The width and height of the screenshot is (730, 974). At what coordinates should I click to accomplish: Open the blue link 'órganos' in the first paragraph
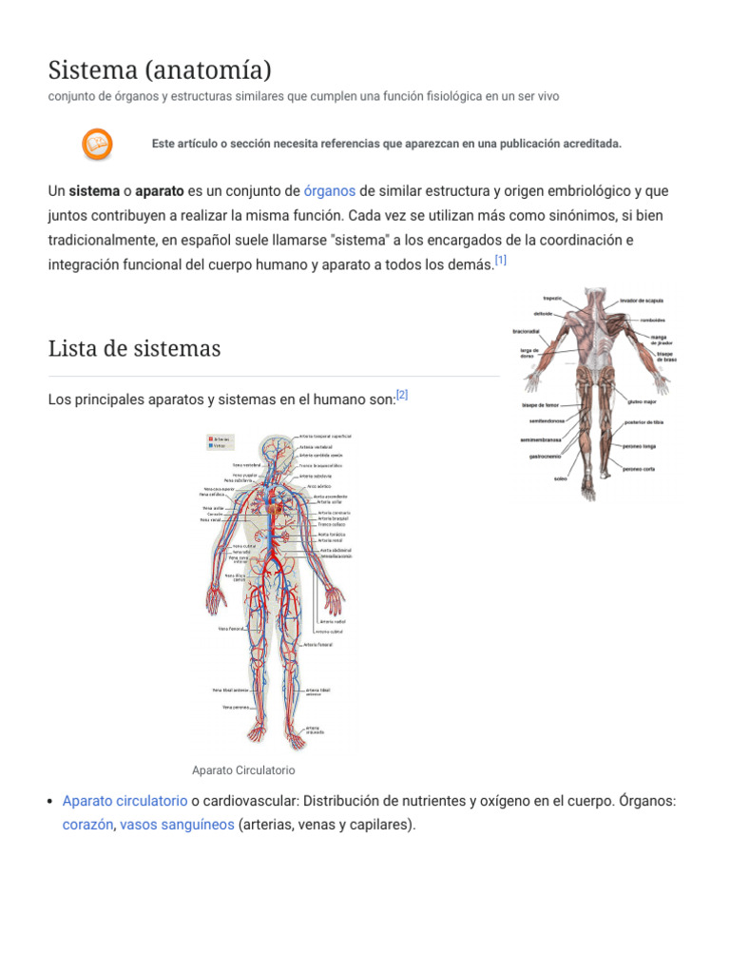pos(330,190)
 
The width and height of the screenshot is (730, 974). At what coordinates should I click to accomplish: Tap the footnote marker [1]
pos(501,260)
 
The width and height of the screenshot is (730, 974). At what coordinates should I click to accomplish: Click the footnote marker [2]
pos(401,395)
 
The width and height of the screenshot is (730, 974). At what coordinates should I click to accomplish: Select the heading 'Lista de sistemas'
pos(134,348)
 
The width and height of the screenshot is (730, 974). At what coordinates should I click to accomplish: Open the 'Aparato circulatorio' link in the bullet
pos(125,801)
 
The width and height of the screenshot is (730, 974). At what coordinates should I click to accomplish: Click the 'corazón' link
pos(88,825)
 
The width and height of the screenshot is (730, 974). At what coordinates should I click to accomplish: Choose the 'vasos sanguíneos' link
pos(177,825)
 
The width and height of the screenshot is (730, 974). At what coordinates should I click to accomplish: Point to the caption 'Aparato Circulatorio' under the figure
pos(243,769)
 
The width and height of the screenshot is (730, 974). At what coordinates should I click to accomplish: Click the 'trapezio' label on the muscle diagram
pos(552,298)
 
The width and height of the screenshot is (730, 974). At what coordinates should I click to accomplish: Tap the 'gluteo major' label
pos(643,402)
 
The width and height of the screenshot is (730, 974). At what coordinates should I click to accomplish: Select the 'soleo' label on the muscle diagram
pos(560,478)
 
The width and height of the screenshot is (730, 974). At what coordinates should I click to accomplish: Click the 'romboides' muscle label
pos(652,320)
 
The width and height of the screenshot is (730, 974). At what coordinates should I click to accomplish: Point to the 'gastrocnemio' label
pos(548,457)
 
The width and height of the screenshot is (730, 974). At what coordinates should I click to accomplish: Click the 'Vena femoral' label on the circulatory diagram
pos(232,629)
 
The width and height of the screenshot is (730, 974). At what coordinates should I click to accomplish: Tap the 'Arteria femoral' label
pos(318,644)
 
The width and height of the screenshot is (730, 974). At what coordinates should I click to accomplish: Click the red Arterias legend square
pos(210,439)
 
